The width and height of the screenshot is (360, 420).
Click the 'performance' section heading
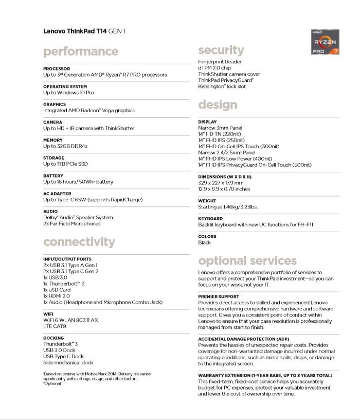[x=81, y=51]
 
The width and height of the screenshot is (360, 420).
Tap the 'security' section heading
[x=221, y=50]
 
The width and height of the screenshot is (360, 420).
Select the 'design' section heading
[x=218, y=104]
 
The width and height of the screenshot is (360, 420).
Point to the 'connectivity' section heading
[x=79, y=242]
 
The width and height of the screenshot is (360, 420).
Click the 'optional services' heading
[x=247, y=260]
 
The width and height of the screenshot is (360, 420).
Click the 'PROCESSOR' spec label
[x=57, y=68]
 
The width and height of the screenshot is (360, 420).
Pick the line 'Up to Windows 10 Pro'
[x=68, y=93]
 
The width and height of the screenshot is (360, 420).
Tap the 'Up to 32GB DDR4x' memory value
[x=65, y=146]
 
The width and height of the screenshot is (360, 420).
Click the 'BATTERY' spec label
[x=53, y=176]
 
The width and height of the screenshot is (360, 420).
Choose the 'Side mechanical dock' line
[x=68, y=362]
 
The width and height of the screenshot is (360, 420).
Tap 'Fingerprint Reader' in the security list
[x=220, y=62]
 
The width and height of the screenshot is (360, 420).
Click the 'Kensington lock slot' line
[x=222, y=86]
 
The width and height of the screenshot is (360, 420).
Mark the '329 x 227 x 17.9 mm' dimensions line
[x=221, y=182]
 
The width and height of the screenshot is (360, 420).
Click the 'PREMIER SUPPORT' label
[x=219, y=296]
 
